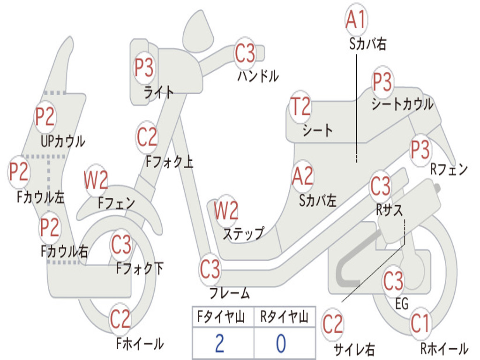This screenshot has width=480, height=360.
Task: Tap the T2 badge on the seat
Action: (x=300, y=107)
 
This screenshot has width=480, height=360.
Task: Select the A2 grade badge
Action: (x=302, y=177)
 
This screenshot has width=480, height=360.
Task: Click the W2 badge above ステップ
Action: (x=226, y=211)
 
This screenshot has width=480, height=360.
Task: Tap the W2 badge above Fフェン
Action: (x=96, y=180)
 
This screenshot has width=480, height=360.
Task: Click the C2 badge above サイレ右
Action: (x=333, y=324)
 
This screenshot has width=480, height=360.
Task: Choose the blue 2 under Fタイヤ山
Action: (x=219, y=344)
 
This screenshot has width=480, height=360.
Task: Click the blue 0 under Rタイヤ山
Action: (x=281, y=344)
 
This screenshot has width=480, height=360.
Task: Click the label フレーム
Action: (x=230, y=294)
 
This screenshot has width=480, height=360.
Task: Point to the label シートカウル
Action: (x=402, y=104)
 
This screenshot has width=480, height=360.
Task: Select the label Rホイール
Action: (x=444, y=349)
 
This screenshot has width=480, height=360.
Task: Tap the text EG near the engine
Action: (x=402, y=304)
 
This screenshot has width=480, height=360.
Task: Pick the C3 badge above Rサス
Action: (x=380, y=187)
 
